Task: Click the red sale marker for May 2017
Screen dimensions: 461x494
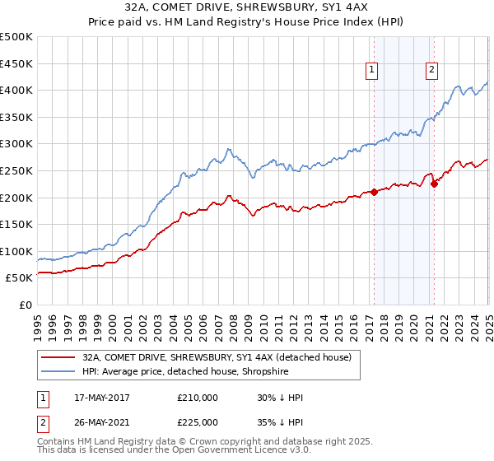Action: coord(374,192)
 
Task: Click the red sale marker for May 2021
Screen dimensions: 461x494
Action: coord(434,184)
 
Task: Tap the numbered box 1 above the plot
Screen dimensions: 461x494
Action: coord(372,71)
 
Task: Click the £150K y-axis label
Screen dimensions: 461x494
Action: coord(18,224)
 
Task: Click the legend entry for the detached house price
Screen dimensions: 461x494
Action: coord(217,357)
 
